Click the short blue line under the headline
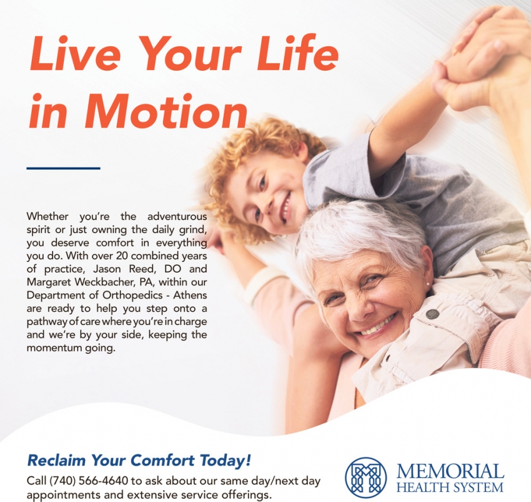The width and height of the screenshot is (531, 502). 63,168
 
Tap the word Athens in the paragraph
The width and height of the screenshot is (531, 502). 190,295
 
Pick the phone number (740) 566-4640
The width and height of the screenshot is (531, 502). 89,480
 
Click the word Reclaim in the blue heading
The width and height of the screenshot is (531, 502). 57,460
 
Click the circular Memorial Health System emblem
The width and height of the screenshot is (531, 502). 365,477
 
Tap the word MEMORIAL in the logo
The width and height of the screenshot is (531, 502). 450,471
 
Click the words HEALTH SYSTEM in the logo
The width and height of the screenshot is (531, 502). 450,488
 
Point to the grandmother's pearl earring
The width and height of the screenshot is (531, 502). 428,283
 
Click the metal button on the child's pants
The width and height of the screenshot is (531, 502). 432,314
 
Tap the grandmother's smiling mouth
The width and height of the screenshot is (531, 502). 377,324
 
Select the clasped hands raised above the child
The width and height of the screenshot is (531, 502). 481,58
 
